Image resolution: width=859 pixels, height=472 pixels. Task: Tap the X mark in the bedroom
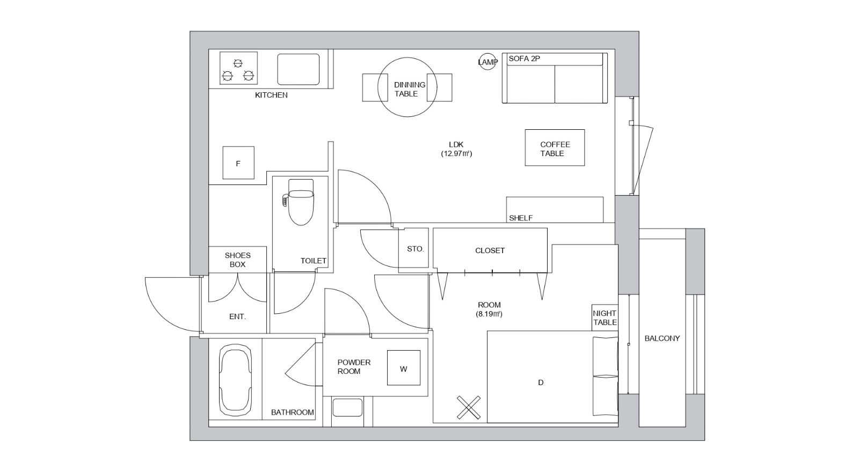click(x=469, y=407)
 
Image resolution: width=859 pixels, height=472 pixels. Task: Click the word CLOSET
click(x=490, y=250)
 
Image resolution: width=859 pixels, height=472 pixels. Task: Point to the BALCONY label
click(x=662, y=338)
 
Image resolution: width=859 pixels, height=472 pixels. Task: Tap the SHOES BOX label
click(x=238, y=260)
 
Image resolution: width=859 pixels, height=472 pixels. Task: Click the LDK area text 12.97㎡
click(x=456, y=153)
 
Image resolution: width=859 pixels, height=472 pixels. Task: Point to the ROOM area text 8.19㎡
click(x=489, y=314)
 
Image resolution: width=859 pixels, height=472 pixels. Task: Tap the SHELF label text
click(x=521, y=218)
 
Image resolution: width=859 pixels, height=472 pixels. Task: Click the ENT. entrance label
click(x=237, y=316)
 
